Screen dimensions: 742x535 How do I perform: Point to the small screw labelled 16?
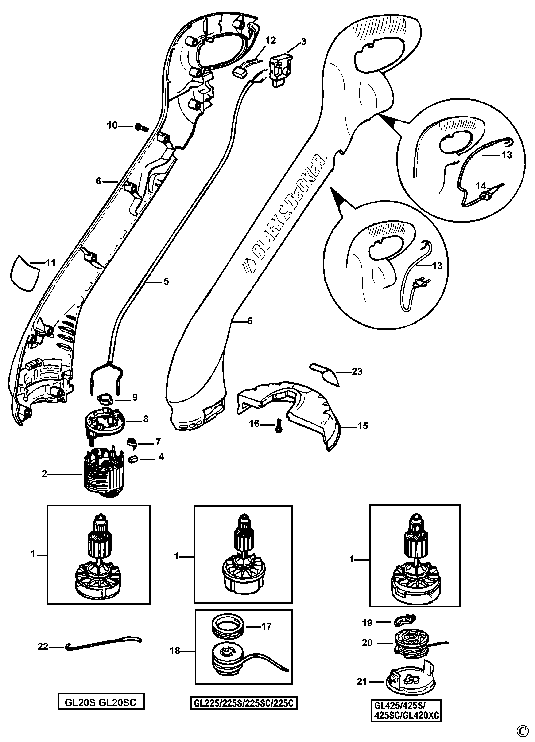coord(279,426)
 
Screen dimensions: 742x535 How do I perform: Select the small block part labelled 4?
coord(133,459)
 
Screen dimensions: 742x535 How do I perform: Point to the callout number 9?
coord(134,398)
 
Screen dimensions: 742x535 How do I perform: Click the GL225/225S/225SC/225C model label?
coord(244,701)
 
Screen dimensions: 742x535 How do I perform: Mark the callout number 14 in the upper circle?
coord(481,186)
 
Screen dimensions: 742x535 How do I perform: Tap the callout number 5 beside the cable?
coord(166,281)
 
